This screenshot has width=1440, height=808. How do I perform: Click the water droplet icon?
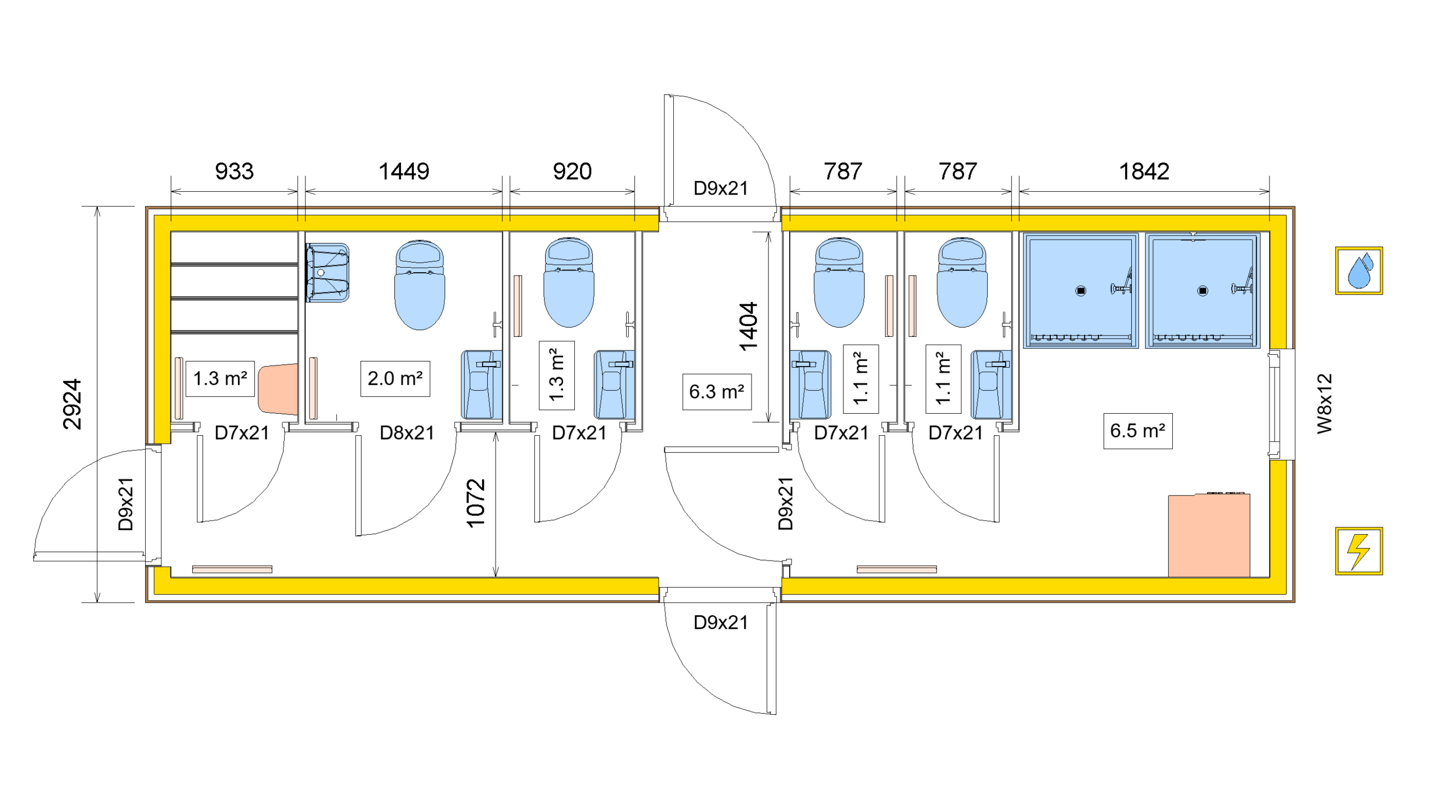tap(1358, 270)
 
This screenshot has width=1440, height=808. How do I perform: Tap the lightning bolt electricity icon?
tap(1358, 550)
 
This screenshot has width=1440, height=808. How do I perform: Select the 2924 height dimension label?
tap(72, 404)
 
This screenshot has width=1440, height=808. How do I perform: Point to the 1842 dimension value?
tap(1144, 171)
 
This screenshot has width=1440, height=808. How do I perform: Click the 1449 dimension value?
tap(403, 171)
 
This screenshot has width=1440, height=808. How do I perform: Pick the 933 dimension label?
tap(234, 171)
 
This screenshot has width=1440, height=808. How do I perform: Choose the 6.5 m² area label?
tap(1137, 431)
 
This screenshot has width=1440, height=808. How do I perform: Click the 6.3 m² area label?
tap(716, 391)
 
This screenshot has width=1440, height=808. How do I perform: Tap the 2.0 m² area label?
tap(395, 378)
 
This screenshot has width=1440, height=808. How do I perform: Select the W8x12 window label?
tap(1325, 403)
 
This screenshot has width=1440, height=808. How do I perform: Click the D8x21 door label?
tap(407, 432)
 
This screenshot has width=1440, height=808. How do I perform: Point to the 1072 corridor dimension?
tap(476, 503)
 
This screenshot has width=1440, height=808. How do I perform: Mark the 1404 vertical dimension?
tap(749, 326)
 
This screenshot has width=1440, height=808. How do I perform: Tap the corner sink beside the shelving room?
tap(327, 273)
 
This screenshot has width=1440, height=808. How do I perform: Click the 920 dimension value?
tap(572, 171)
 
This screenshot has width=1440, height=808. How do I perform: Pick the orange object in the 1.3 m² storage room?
tap(278, 389)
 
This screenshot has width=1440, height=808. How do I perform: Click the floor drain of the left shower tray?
tap(1081, 291)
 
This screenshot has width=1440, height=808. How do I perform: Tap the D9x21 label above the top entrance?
tap(721, 188)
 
